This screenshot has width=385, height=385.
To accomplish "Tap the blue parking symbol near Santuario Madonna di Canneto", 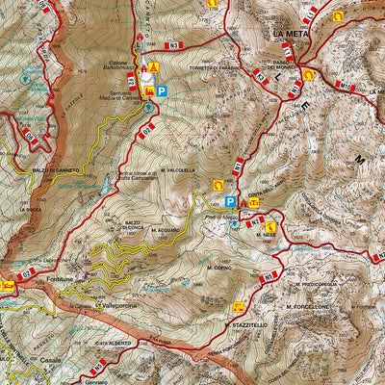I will click(x=162, y=91).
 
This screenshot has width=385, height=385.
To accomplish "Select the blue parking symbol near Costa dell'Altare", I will click(x=229, y=202).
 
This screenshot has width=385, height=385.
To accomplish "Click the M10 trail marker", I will click(x=346, y=87).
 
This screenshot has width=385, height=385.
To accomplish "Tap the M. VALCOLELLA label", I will click(x=180, y=169).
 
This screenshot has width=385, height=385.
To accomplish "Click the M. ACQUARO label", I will click(x=165, y=231).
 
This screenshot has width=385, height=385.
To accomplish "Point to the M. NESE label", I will click(x=267, y=234).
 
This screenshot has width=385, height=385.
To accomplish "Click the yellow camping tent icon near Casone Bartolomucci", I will click(x=153, y=67).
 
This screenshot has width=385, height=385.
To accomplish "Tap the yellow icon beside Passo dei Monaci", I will click(x=307, y=74).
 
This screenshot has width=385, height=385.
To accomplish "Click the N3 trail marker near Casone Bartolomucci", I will click(x=172, y=45).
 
